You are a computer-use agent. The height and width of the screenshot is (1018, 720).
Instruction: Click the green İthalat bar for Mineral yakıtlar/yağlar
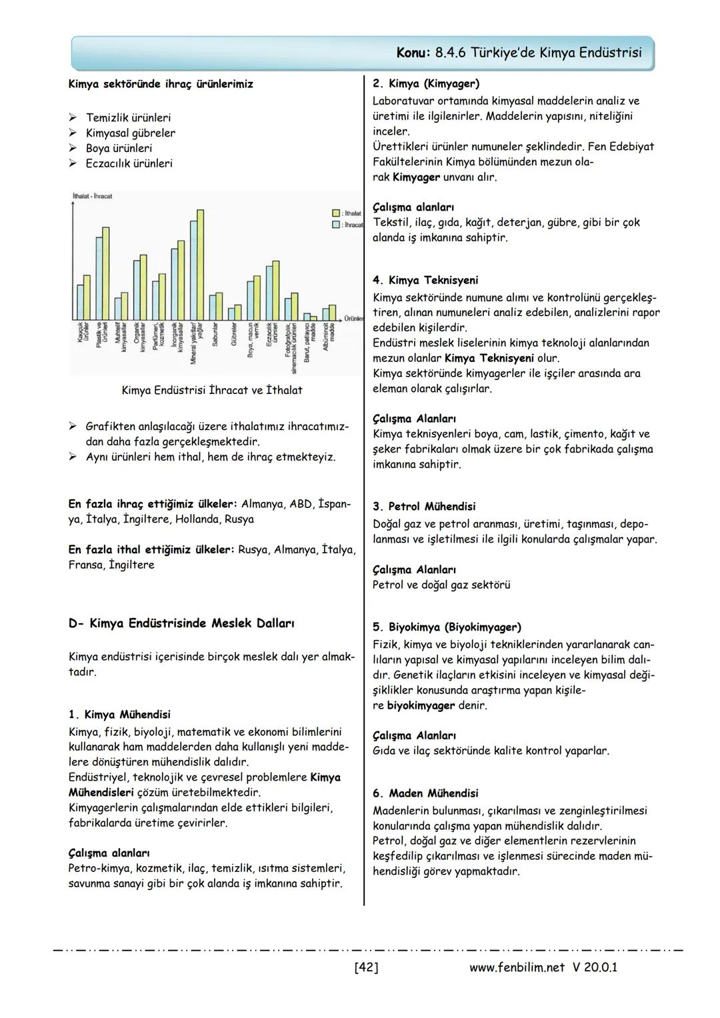pyautogui.click(x=201, y=265)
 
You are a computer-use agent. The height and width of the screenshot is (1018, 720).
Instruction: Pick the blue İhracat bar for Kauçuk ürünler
pyautogui.click(x=80, y=303)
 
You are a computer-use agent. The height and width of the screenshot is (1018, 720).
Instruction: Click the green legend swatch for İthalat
pyautogui.click(x=336, y=213)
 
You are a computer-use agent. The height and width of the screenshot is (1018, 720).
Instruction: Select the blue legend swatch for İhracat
pyautogui.click(x=336, y=225)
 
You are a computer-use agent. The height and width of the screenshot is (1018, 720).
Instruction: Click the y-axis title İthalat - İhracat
pyautogui.click(x=92, y=196)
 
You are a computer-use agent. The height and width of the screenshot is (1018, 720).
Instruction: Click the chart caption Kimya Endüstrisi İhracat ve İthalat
pyautogui.click(x=211, y=390)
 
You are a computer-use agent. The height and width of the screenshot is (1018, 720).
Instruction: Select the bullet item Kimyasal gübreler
pyautogui.click(x=131, y=133)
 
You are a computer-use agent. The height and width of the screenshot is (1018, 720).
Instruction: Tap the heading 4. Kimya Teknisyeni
pyautogui.click(x=425, y=280)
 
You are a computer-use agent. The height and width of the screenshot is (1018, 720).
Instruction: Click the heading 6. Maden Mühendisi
pyautogui.click(x=425, y=793)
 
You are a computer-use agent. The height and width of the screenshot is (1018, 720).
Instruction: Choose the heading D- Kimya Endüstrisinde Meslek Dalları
pyautogui.click(x=181, y=623)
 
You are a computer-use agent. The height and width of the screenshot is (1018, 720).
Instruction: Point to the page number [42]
pyautogui.click(x=366, y=967)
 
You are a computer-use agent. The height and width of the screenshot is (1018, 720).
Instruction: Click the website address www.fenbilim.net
pyautogui.click(x=517, y=967)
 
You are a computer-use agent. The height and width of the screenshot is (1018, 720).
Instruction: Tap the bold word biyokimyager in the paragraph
pyautogui.click(x=421, y=705)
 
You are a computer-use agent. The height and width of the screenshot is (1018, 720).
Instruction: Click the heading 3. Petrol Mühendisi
pyautogui.click(x=424, y=507)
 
